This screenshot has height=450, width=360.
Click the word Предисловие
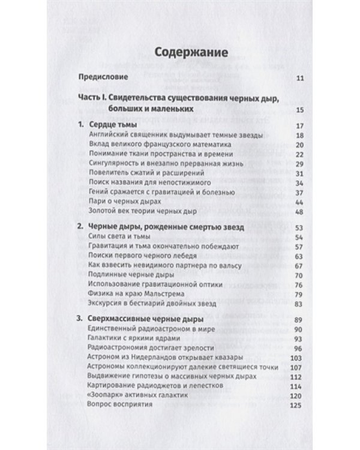[x=103, y=79]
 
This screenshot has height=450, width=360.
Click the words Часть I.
[x=92, y=98]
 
